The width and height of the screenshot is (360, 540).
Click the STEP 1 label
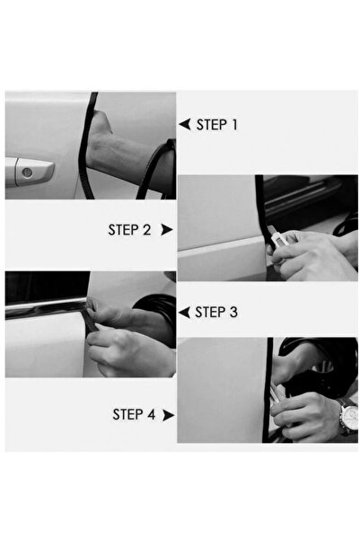click(x=217, y=125)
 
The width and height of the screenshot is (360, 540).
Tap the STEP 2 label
click(x=129, y=230)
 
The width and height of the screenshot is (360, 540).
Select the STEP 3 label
click(x=216, y=312)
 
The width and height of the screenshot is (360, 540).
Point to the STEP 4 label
click(x=134, y=414)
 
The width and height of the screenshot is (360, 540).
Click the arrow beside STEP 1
click(x=185, y=124)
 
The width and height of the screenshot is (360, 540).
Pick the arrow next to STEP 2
click(x=167, y=230)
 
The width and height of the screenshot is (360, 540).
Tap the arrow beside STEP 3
click(x=184, y=313)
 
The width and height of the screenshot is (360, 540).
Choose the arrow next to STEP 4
click(x=168, y=415)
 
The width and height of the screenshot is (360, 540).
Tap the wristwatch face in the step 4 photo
click(x=351, y=418)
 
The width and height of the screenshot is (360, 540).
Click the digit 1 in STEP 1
click(x=234, y=125)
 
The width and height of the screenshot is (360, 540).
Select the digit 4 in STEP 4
click(x=152, y=414)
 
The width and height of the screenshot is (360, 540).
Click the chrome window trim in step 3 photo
click(x=45, y=307)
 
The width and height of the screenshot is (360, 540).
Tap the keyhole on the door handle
click(x=27, y=172)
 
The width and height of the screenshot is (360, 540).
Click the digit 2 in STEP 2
click(x=147, y=230)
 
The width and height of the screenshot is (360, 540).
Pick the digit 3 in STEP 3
click(x=233, y=312)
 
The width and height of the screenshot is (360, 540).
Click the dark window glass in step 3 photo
click(x=48, y=287)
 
